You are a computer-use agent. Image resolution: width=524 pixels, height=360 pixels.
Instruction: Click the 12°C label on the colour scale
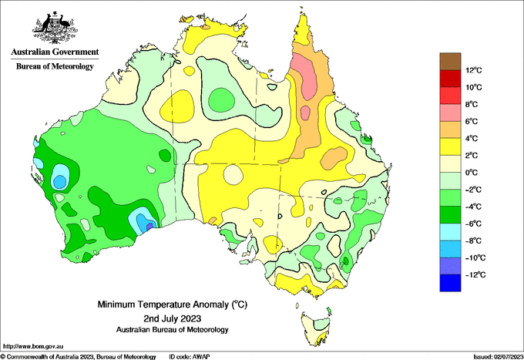click(x=474, y=70)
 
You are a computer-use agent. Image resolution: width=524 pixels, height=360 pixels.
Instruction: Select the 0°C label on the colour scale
click(x=471, y=173)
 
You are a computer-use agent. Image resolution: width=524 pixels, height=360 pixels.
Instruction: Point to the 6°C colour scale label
click(x=471, y=121)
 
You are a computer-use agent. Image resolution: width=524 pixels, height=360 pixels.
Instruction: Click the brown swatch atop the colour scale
click(x=450, y=62)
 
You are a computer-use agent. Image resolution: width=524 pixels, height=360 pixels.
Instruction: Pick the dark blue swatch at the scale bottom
click(x=450, y=283)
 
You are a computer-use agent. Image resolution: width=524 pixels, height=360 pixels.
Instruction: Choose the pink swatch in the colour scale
click(x=450, y=113)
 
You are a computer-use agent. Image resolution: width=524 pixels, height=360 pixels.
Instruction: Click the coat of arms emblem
click(x=55, y=28)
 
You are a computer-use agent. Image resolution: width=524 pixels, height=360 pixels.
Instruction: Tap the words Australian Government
click(x=55, y=52)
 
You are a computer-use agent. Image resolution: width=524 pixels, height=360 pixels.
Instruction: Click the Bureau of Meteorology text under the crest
click(x=55, y=66)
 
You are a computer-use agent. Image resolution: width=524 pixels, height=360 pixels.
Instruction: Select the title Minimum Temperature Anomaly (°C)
click(x=172, y=304)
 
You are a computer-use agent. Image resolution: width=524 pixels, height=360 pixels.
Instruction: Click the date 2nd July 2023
click(x=172, y=318)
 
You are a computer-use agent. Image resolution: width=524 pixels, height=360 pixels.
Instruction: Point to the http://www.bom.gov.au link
click(x=32, y=346)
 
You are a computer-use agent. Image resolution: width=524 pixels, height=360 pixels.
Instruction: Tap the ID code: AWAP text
click(x=190, y=357)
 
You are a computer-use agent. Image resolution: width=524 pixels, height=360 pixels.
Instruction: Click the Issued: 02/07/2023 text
click(x=498, y=357)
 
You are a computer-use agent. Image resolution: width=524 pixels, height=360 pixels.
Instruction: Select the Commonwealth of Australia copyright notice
click(x=78, y=357)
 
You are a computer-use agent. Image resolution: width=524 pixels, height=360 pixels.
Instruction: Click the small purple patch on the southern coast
click(x=149, y=227)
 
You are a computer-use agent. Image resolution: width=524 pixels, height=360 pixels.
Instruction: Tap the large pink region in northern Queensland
click(x=305, y=76)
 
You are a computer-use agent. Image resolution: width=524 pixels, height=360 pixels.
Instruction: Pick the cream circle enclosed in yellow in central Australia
click(x=233, y=175)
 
